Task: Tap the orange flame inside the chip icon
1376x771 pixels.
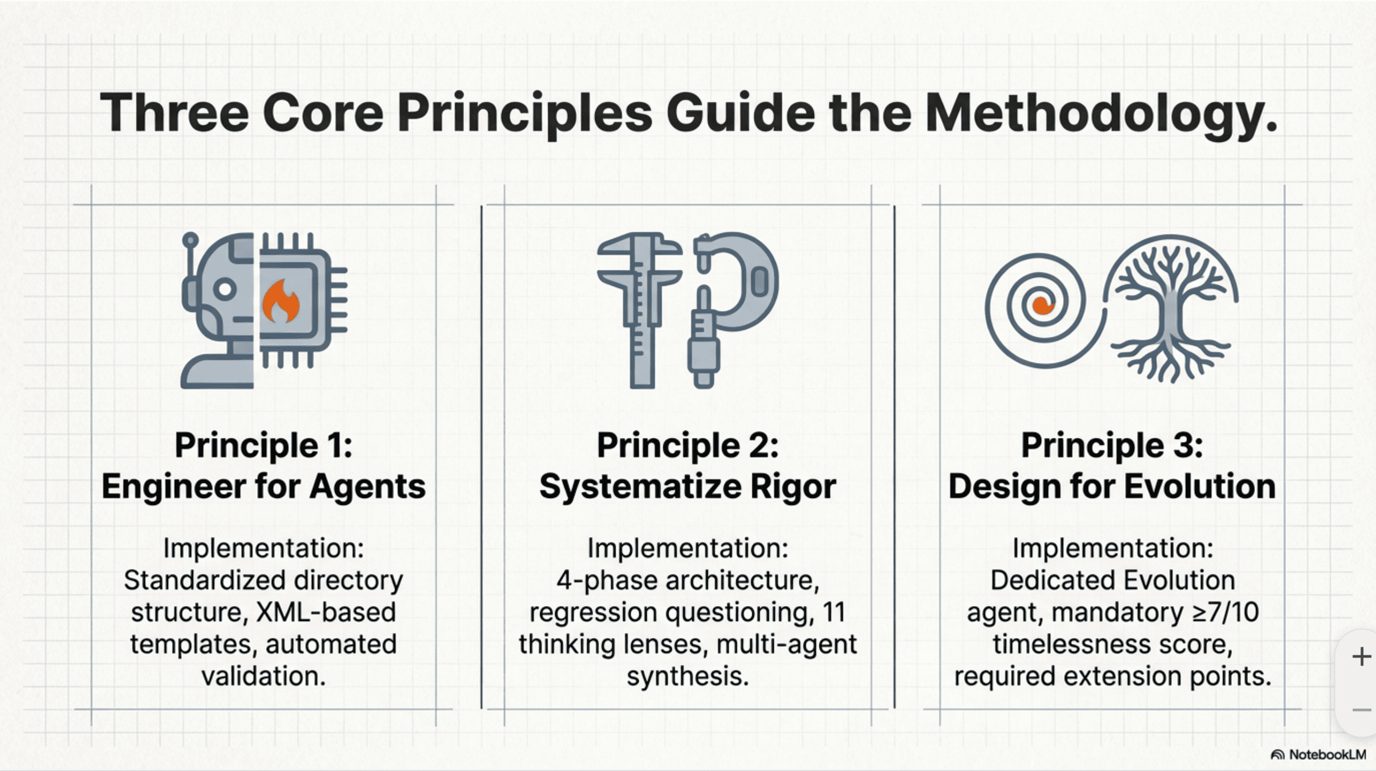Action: tap(280, 303)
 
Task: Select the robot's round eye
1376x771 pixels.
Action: tap(225, 289)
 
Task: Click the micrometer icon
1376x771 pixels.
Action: tap(731, 300)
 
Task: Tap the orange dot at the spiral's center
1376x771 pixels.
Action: tap(1042, 306)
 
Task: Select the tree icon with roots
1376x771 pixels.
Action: tap(1171, 308)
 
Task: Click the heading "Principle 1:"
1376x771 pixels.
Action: tap(263, 445)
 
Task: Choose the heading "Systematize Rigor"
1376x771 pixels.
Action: tap(687, 486)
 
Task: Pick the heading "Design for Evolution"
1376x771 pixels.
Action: tap(1112, 486)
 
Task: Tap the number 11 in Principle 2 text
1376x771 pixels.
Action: tap(833, 612)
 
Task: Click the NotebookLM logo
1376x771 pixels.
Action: tap(1319, 754)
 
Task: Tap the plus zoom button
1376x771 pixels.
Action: tap(1361, 656)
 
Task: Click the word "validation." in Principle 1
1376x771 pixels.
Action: tap(263, 676)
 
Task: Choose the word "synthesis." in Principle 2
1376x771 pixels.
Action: tap(687, 676)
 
